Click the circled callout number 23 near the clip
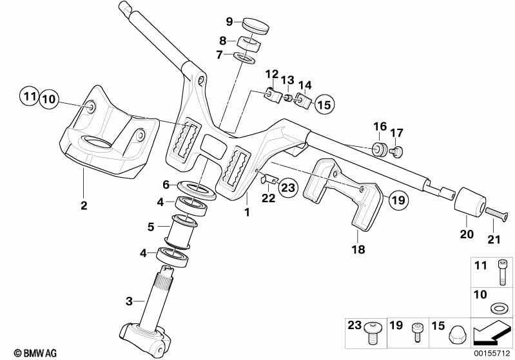(x=287, y=188)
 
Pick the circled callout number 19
(x=399, y=201)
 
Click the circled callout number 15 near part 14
(x=324, y=103)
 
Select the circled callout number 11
(x=27, y=98)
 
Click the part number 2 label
(x=84, y=205)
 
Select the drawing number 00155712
(x=493, y=353)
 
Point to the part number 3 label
(x=128, y=300)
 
